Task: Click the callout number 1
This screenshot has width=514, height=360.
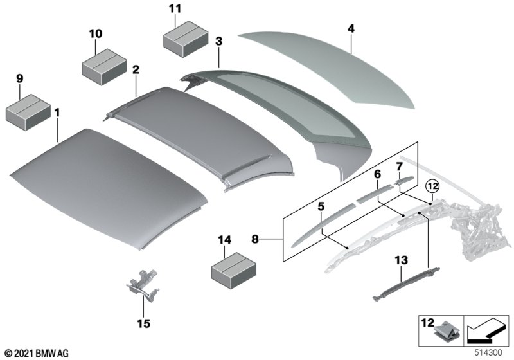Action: (x=57, y=114)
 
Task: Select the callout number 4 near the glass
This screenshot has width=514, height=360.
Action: (x=351, y=29)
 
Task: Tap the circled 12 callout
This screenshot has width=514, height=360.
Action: (x=432, y=186)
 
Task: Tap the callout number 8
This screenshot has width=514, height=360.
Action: (x=256, y=239)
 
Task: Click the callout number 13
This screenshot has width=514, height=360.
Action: (x=402, y=260)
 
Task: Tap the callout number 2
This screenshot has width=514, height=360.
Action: (x=136, y=69)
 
